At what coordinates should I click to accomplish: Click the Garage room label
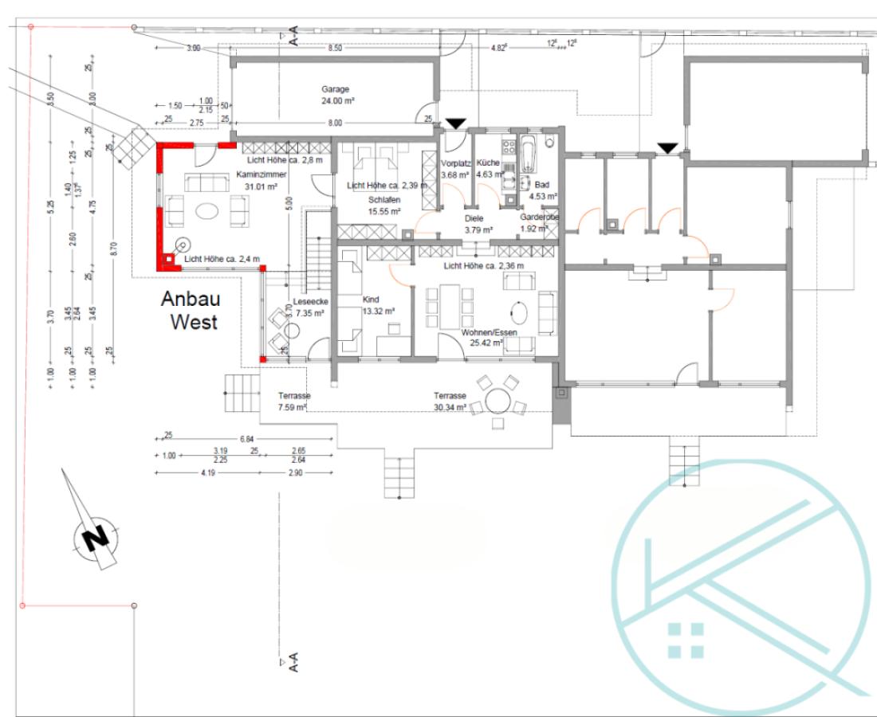coord(336,89)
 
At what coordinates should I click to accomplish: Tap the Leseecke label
coord(309,302)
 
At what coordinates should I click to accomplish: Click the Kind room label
coord(371,299)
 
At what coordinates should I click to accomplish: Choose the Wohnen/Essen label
coord(482,332)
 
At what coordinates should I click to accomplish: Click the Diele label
coord(474,217)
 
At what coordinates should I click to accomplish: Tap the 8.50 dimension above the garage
coord(335,49)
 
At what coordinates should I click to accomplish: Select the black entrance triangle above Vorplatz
coord(455,123)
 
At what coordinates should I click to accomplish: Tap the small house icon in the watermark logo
coord(686,640)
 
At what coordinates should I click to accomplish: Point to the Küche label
coord(489,163)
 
